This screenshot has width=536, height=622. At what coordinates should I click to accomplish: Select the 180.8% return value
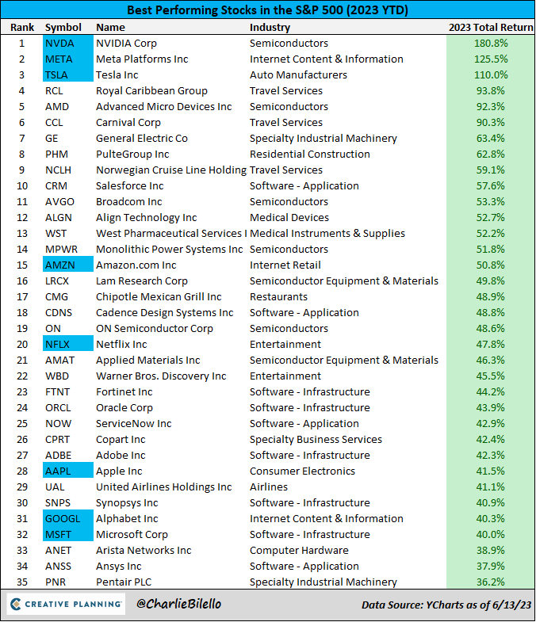point(490,43)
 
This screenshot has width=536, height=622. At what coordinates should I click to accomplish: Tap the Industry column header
point(271,27)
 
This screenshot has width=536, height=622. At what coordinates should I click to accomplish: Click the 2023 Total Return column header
point(490,27)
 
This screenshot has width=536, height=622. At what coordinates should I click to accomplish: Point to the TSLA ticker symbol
point(57,74)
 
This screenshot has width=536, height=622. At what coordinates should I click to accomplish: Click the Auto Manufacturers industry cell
point(298,74)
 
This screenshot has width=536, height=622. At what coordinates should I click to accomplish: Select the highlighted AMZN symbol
point(60,265)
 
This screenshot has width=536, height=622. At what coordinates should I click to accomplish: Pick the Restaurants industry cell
point(278,296)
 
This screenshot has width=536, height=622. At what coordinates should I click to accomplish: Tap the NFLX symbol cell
point(58,344)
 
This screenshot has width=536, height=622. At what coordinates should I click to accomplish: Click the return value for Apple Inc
point(490,471)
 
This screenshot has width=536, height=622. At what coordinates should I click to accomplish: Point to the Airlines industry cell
point(269,487)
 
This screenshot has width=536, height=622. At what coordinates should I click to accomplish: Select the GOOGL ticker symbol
point(62,518)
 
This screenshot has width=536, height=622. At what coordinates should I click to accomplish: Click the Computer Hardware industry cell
point(299,550)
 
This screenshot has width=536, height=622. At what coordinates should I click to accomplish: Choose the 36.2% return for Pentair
point(490,582)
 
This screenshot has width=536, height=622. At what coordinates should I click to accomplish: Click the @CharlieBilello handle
point(178,605)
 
